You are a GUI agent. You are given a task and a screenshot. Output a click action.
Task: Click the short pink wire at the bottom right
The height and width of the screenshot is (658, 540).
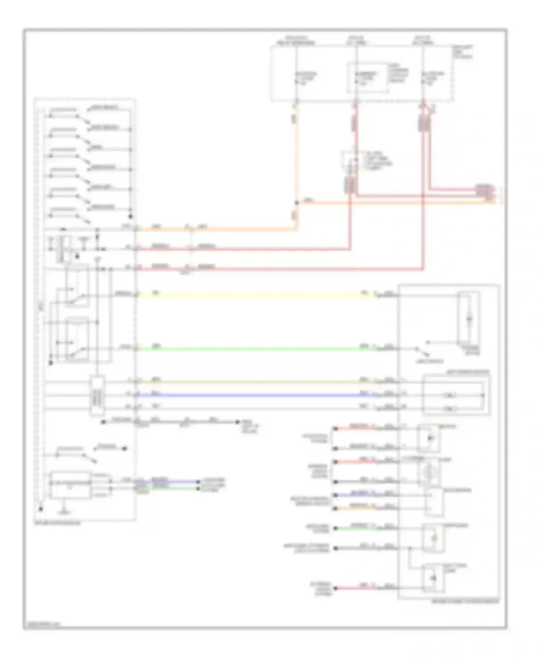pos(356,588)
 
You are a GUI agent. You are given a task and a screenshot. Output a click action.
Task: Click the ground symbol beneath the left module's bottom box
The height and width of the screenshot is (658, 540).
pos(64,508)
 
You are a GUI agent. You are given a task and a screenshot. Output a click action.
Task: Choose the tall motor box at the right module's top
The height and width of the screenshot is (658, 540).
pos(468,319)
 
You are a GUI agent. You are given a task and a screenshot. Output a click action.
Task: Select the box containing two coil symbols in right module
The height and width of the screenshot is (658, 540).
pos(456,395)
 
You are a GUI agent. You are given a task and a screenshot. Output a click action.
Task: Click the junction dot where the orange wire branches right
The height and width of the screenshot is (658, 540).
pos(297,203)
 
